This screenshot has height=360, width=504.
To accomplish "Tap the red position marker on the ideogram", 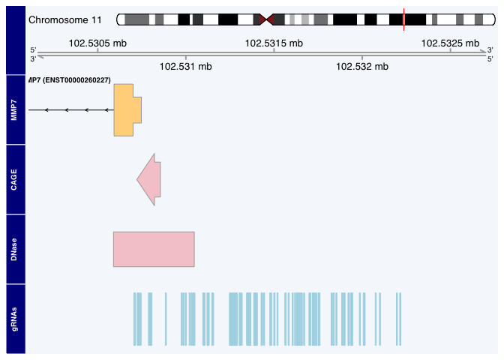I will pyautogui.click(x=403, y=19).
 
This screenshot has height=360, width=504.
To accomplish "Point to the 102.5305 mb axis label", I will pyautogui.click(x=97, y=43).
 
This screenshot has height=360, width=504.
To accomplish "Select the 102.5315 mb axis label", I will pyautogui.click(x=274, y=43).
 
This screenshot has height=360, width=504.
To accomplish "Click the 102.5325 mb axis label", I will pyautogui.click(x=450, y=43).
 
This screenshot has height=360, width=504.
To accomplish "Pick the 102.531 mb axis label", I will pyautogui.click(x=186, y=67).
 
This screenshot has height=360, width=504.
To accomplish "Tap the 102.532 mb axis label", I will pyautogui.click(x=362, y=67).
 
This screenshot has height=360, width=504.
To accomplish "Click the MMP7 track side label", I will pyautogui.click(x=15, y=110).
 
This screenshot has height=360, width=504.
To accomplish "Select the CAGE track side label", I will pyautogui.click(x=15, y=180).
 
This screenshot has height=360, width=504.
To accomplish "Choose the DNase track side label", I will pyautogui.click(x=15, y=250).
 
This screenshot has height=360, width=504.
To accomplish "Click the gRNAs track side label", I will pyautogui.click(x=15, y=319).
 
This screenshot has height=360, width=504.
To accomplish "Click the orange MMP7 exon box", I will pyautogui.click(x=124, y=110).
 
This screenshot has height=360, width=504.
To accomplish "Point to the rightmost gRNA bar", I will pyautogui.click(x=400, y=319).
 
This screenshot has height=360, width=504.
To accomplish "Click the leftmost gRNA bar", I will pyautogui.click(x=134, y=319).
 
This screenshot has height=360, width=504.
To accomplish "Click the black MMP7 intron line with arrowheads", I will pyautogui.click(x=71, y=110).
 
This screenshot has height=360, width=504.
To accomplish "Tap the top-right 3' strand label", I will pyautogui.click(x=490, y=50).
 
